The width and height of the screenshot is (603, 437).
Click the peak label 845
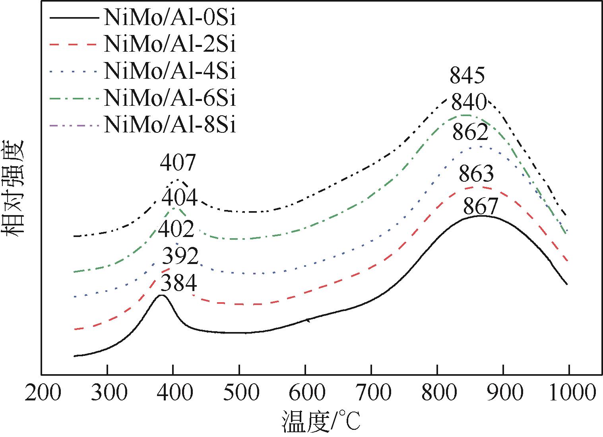point(467,75)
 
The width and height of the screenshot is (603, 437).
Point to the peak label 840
point(469,103)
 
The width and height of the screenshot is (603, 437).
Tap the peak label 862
point(471,132)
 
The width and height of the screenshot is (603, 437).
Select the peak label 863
point(476,174)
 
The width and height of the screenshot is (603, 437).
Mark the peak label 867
point(481,206)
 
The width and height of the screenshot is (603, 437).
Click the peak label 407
point(178,163)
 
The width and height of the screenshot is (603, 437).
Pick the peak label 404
point(180,198)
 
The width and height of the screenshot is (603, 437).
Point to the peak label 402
point(176,229)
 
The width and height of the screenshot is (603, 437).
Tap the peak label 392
point(180,256)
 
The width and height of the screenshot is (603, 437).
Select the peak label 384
point(179,284)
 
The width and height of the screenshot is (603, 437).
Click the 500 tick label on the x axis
point(239,393)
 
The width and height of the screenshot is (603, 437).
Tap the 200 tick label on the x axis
point(43,393)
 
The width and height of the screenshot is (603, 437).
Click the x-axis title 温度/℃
point(321,422)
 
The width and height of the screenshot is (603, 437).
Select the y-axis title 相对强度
point(14,188)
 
